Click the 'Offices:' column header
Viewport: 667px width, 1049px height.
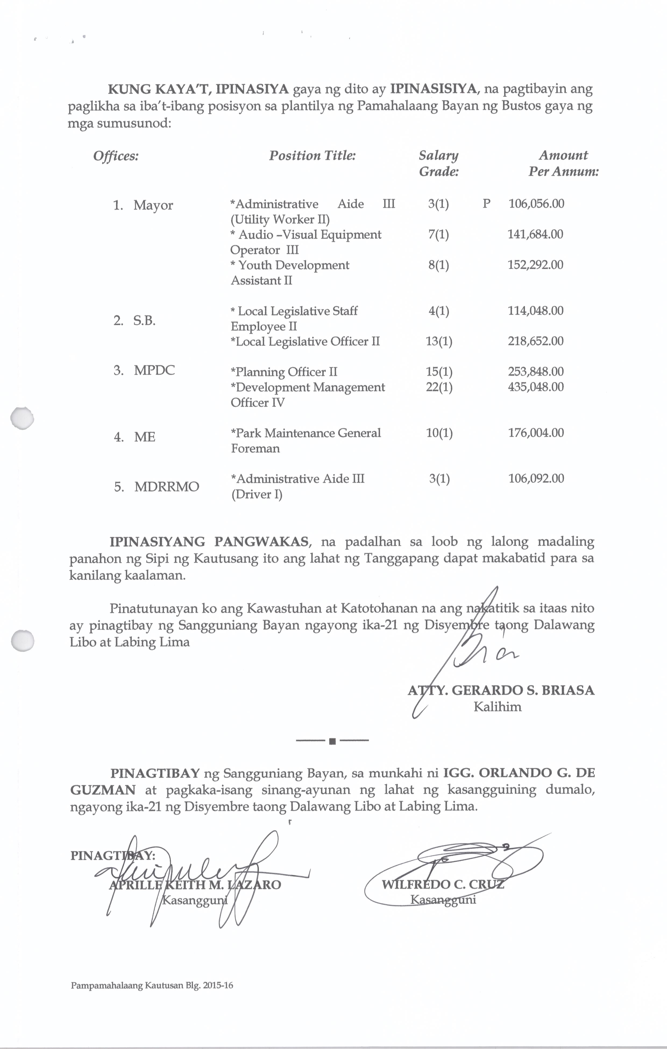point(116,156)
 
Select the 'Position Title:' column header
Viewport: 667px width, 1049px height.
point(312,156)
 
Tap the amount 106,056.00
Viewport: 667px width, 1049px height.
point(536,204)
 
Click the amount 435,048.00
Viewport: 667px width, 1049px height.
point(535,387)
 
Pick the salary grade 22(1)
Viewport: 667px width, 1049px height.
point(439,387)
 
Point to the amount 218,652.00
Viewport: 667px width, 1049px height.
point(535,341)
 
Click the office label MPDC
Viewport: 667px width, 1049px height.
point(154,370)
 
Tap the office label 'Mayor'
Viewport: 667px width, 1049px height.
point(153,205)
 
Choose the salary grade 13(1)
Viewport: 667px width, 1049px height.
point(439,341)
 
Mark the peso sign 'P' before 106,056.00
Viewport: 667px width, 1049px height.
point(486,204)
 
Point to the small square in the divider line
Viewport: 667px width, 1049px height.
point(332,741)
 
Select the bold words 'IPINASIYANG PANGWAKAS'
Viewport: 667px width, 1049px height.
point(210,542)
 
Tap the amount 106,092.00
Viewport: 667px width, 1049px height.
point(536,478)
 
